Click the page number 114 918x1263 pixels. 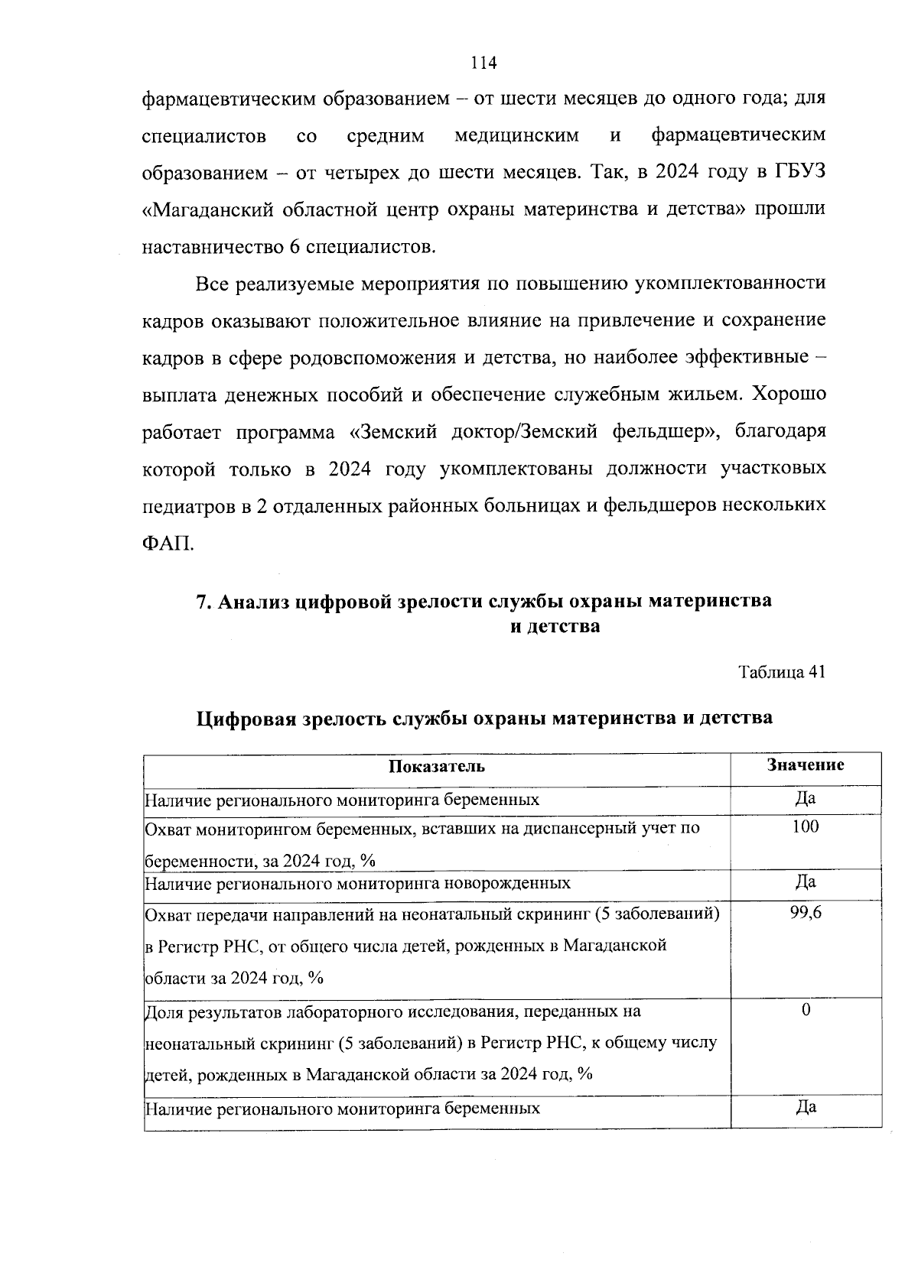[483, 63]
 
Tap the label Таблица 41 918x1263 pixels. [781, 672]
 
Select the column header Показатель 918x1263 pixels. [437, 767]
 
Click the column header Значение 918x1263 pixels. [806, 765]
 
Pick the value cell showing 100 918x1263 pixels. [806, 826]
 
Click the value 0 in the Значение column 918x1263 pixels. [806, 1011]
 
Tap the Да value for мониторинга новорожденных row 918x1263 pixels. [806, 882]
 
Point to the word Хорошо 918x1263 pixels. [789, 395]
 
